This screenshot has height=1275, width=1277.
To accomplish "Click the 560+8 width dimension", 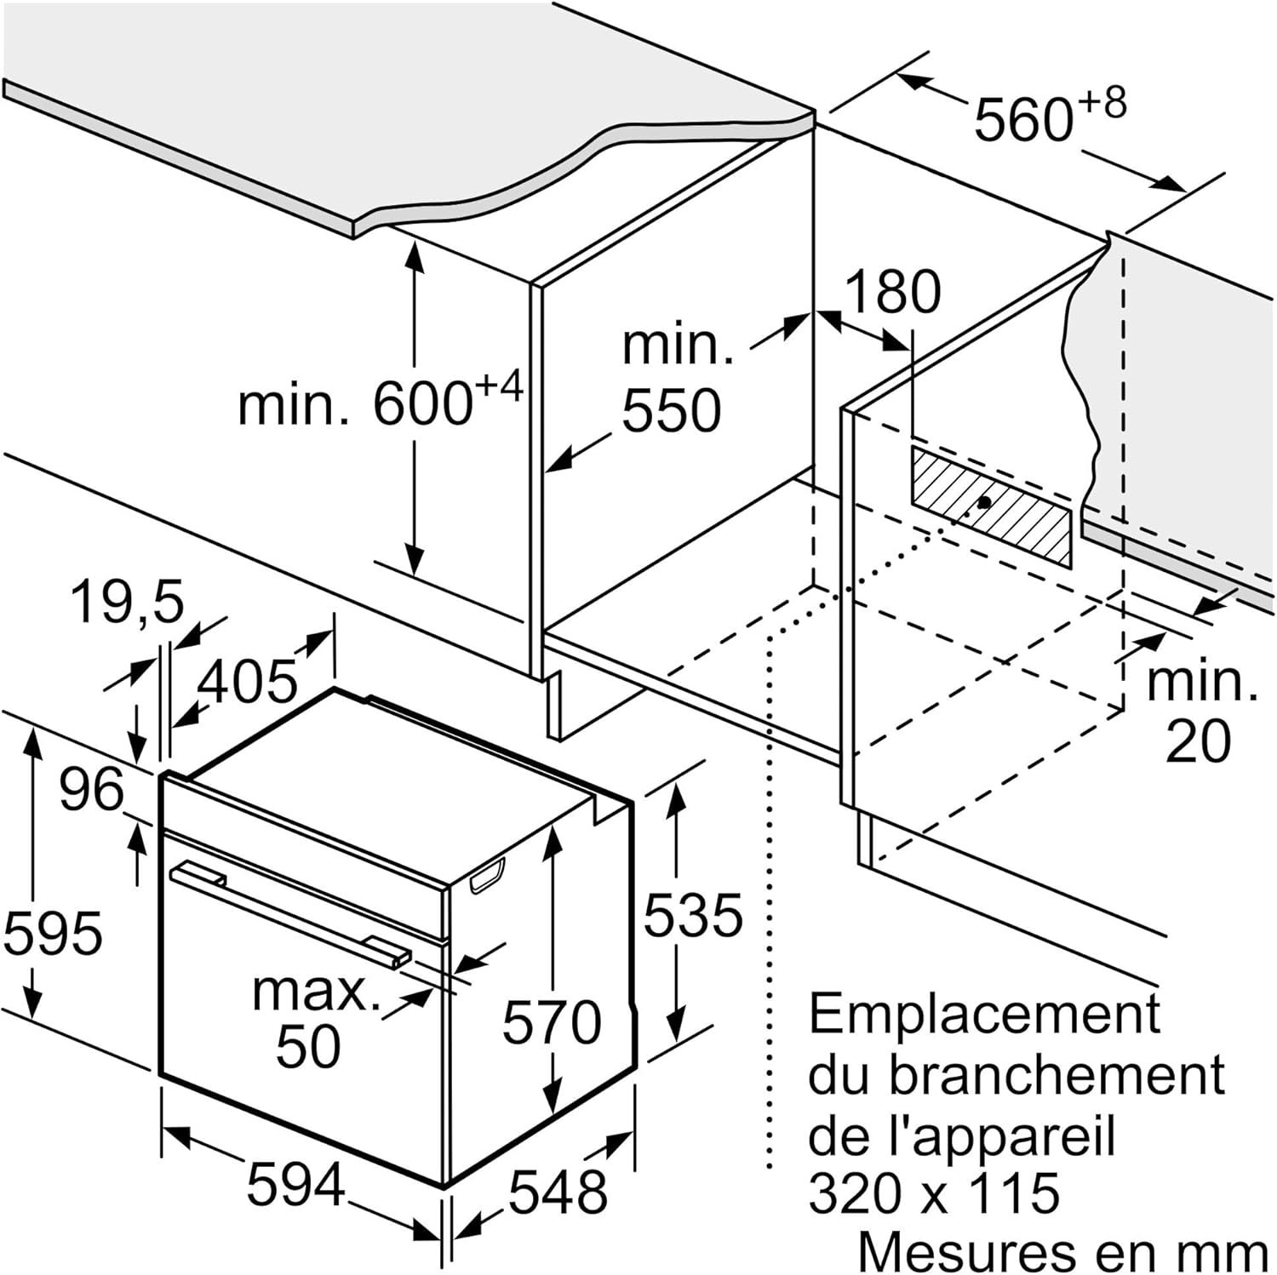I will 1049,116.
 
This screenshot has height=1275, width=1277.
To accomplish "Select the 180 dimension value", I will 892,292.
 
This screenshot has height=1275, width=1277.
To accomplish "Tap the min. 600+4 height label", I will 379,403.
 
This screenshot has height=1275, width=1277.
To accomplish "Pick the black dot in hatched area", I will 984,502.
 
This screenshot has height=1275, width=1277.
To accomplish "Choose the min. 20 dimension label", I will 1200,711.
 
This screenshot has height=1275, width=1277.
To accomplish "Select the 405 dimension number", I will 247,681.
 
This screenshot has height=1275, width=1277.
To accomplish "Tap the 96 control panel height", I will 91,789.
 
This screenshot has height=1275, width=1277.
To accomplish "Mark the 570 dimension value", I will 552,1021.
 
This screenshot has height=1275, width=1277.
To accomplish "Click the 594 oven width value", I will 295,1184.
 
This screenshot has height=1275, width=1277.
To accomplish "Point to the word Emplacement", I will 984,1013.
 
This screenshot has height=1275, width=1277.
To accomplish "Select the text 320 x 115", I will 934,1192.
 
